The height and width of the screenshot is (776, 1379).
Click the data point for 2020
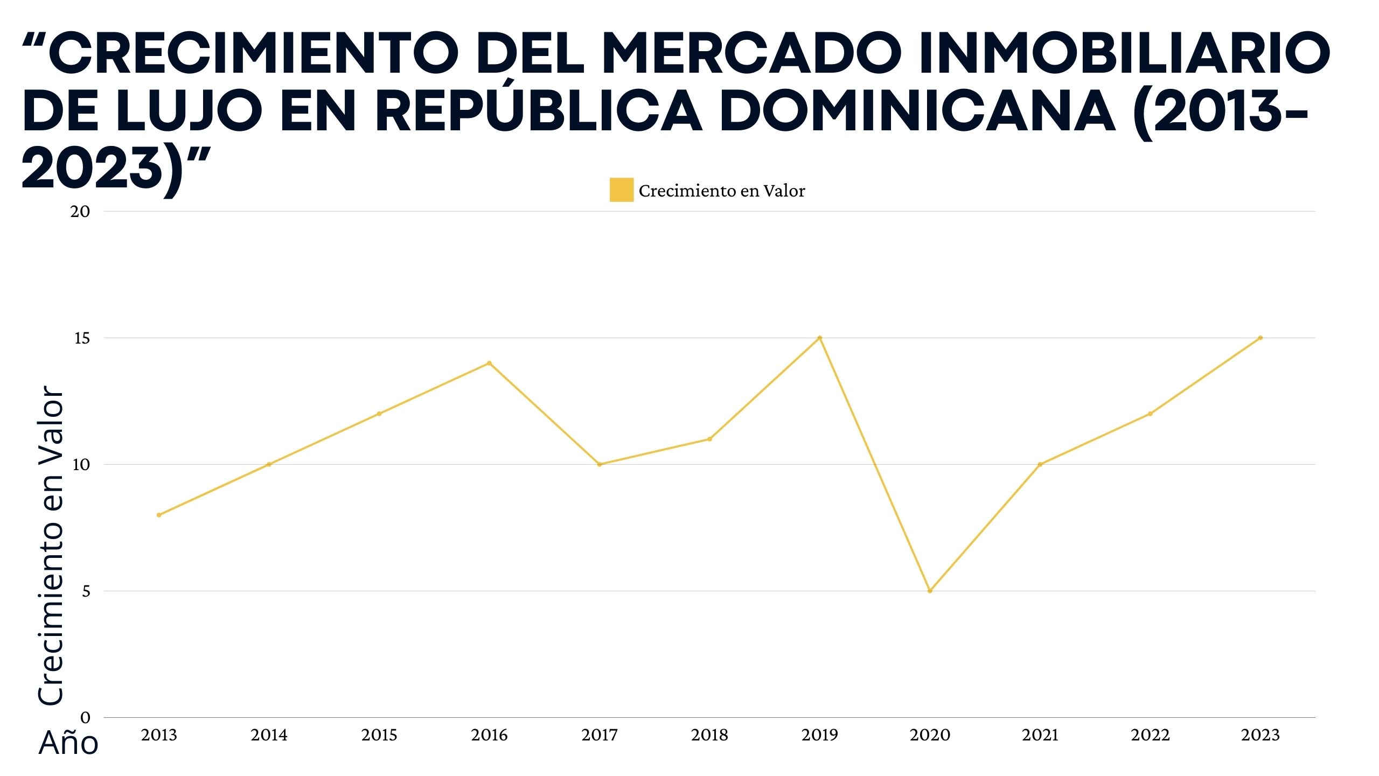coord(930,591)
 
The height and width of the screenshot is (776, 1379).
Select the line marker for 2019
coord(819,338)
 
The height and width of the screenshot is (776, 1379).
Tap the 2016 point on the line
coord(489,363)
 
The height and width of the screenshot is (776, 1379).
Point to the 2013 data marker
coord(159,515)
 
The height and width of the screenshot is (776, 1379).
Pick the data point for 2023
coord(1260,338)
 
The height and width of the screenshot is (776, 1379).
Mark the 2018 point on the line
coord(709,439)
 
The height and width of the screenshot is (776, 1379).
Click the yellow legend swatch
coord(621,190)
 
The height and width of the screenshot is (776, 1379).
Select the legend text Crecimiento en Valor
coord(722,191)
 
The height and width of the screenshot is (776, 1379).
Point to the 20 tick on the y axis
coord(80,211)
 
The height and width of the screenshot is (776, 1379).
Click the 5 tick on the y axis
coord(85,591)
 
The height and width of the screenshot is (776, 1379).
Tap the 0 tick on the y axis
coord(85,717)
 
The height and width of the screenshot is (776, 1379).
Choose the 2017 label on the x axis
coord(600,735)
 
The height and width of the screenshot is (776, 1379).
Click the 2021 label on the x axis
coord(1040,735)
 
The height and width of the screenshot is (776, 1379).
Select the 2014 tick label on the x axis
coord(269,735)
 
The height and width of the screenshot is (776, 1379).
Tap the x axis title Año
coord(68,743)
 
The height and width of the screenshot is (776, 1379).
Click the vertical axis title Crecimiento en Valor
coord(51,544)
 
